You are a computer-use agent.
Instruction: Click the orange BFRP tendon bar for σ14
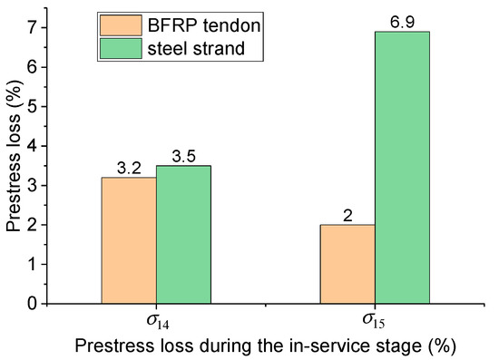click(x=128, y=240)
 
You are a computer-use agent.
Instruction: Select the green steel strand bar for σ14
click(x=183, y=234)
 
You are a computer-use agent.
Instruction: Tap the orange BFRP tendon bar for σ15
click(x=347, y=264)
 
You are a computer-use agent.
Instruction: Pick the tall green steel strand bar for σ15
click(x=403, y=168)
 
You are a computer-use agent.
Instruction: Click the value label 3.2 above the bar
click(x=128, y=168)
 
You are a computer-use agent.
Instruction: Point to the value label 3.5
click(x=183, y=156)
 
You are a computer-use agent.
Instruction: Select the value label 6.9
click(x=403, y=22)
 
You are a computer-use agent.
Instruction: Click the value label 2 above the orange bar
click(x=347, y=215)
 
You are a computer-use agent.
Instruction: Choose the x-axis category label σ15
click(x=376, y=321)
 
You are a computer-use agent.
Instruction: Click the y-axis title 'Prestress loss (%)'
click(x=13, y=165)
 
